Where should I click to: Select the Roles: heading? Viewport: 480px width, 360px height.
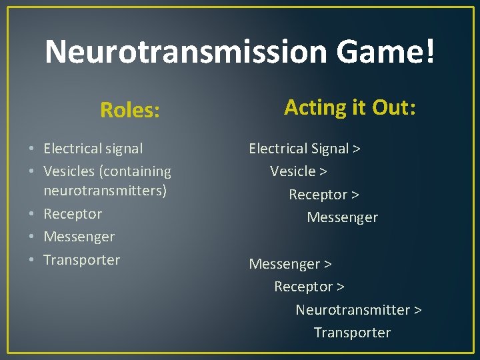pyautogui.click(x=130, y=110)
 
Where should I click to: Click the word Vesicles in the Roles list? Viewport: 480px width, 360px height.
pyautogui.click(x=69, y=171)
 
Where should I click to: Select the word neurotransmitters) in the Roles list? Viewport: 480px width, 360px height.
pyautogui.click(x=105, y=191)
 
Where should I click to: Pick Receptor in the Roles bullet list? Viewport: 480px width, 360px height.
pyautogui.click(x=73, y=214)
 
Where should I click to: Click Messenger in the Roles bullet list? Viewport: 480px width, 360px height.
pyautogui.click(x=79, y=237)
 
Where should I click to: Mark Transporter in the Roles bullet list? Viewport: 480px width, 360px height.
pyautogui.click(x=81, y=260)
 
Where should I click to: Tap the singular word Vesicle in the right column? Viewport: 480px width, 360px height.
pyautogui.click(x=293, y=171)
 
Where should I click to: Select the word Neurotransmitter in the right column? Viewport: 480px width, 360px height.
pyautogui.click(x=353, y=310)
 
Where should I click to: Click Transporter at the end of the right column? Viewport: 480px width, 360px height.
pyautogui.click(x=352, y=333)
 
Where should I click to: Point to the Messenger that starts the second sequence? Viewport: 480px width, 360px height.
pyautogui.click(x=284, y=264)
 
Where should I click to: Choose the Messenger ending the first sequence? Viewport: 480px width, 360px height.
pyautogui.click(x=342, y=217)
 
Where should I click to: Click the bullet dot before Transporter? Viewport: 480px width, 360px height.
pyautogui.click(x=33, y=260)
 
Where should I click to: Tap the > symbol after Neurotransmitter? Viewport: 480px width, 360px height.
pyautogui.click(x=417, y=310)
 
